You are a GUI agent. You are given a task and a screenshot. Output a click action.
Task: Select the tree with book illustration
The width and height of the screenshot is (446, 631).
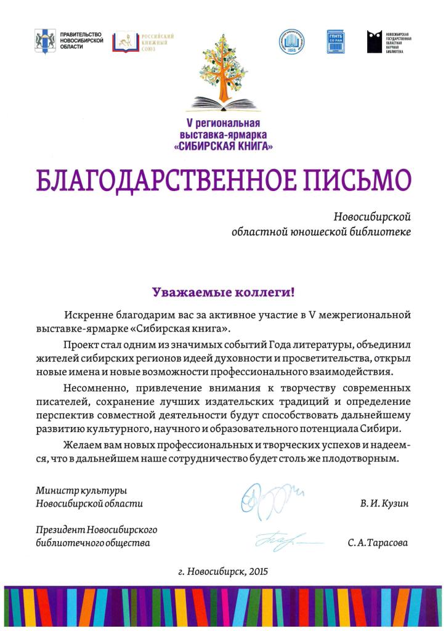point(222,71)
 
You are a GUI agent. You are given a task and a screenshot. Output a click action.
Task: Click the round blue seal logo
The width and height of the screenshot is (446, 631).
point(291,42)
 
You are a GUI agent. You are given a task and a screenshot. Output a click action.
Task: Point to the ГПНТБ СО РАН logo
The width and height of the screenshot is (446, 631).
point(335,42)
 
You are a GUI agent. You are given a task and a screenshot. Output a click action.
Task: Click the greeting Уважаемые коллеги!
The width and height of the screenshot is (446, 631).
point(222,290)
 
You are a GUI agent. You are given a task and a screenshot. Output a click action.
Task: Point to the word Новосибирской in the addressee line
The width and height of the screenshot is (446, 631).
point(371,217)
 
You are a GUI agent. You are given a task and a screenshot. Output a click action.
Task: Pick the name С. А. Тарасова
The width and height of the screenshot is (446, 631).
point(378,543)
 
